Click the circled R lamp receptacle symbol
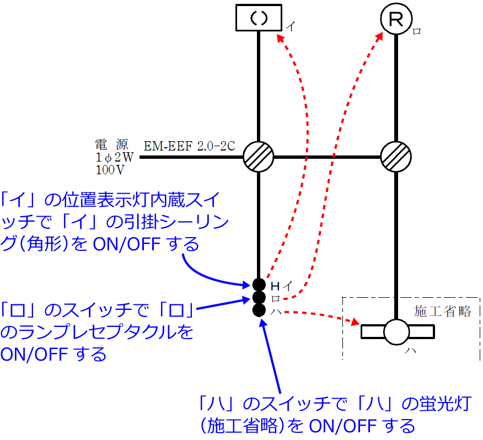[396, 19]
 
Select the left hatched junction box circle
[259, 157]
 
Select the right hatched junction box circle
[396, 157]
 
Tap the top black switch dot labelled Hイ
[259, 285]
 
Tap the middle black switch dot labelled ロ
[259, 298]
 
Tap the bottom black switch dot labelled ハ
[259, 310]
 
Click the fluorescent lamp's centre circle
[396, 332]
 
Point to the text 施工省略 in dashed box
[442, 311]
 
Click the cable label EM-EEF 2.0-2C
[190, 146]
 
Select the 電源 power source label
[111, 144]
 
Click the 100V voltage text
[110, 170]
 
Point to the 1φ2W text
[115, 157]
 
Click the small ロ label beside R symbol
[417, 31]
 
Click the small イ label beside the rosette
[290, 26]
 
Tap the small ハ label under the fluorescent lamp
[410, 350]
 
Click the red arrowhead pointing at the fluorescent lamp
[355, 321]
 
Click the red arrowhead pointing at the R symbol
[379, 36]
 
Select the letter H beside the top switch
[275, 287]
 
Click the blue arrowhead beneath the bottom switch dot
[263, 323]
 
